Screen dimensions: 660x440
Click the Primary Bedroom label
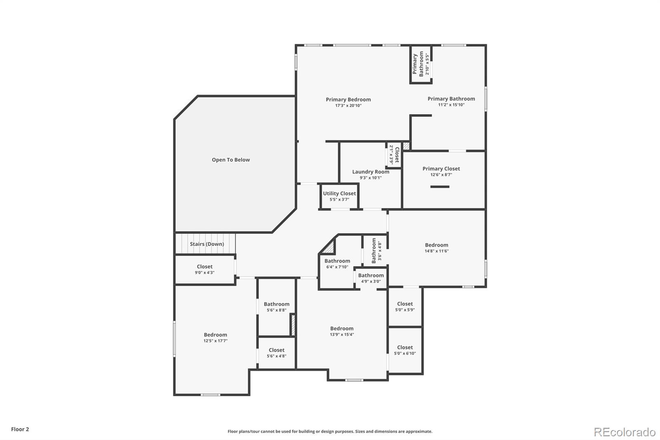pos(348,99)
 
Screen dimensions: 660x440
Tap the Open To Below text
pos(231,160)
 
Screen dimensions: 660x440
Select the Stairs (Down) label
pos(207,244)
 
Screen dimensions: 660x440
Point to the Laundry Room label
pos(371,172)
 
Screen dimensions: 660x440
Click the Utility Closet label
pos(339,193)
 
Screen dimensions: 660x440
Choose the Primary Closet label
pos(441,168)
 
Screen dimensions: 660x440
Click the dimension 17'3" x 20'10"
pos(348,106)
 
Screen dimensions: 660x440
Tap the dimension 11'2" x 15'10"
pos(451,105)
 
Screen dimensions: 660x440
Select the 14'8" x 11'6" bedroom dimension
pos(437,251)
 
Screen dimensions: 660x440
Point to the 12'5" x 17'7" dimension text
pos(215,341)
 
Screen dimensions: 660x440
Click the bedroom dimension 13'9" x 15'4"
pos(342,334)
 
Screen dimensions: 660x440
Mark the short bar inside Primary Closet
pos(440,187)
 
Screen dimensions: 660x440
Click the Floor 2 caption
pos(20,429)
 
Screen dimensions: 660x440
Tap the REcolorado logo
pos(625,432)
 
